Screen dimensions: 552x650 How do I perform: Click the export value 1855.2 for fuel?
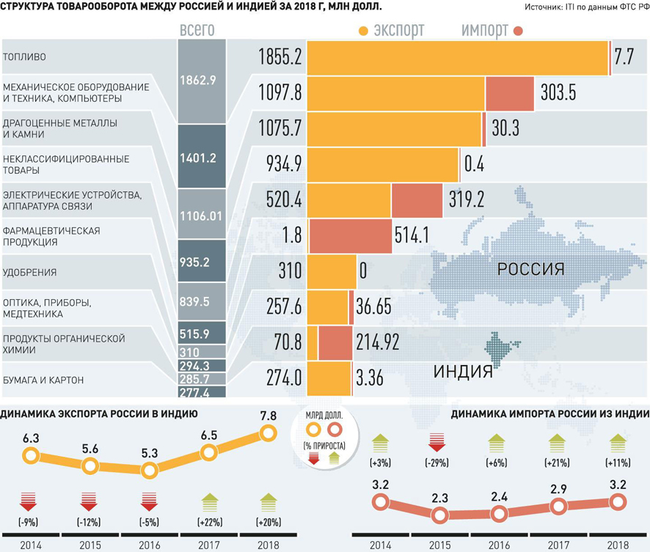280,57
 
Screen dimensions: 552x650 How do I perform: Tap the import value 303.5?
561,93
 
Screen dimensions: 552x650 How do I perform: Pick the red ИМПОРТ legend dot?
519,32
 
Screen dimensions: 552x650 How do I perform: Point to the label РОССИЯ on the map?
530,269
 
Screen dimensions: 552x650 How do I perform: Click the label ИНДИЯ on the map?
462,371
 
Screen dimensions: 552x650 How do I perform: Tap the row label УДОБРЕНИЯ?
30,273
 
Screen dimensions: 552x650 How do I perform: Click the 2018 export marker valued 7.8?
268,434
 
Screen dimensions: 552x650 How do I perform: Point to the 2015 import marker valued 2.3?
440,515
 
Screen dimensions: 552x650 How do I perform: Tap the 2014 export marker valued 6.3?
30,456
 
